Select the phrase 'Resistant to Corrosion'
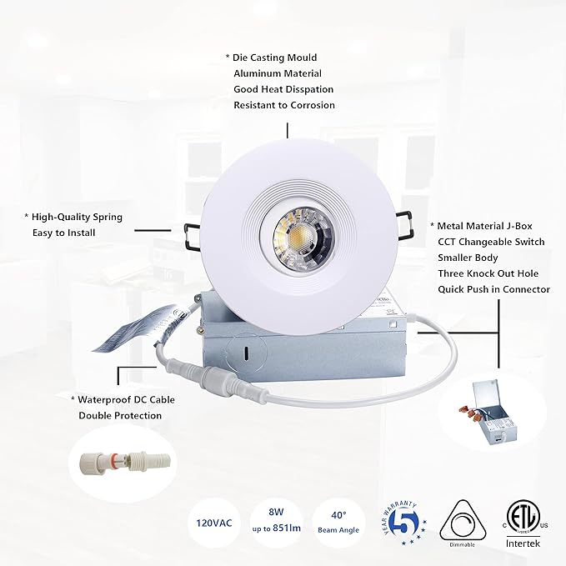coord(284,105)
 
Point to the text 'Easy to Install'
coord(64,233)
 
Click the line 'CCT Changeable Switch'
coord(491,242)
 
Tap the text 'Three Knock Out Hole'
coord(488,273)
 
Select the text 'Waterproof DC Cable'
coord(126,399)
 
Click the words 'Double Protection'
coord(120,415)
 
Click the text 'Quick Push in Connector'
coord(493,289)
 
